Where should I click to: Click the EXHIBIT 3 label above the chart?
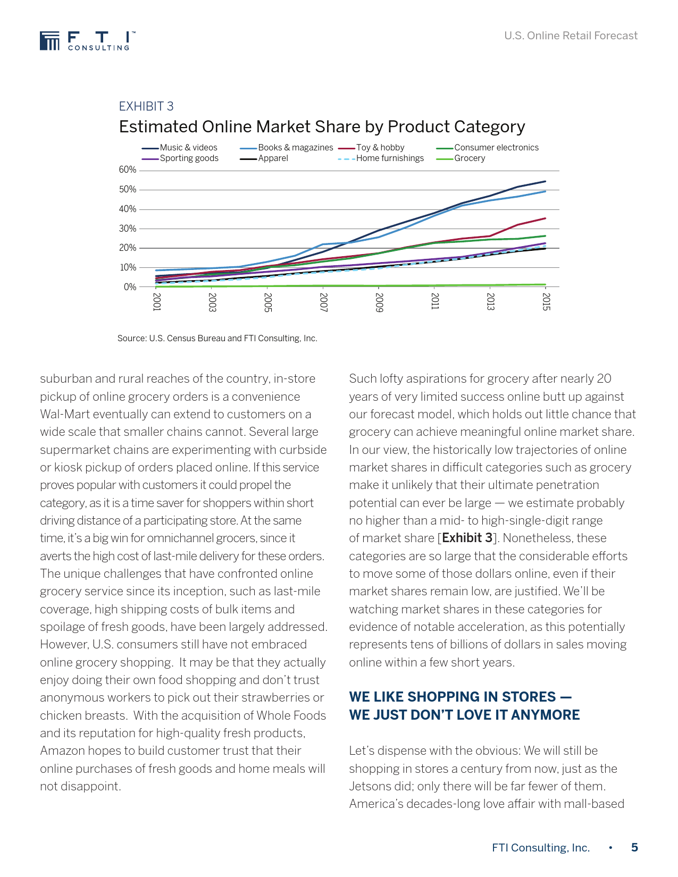pos(146,106)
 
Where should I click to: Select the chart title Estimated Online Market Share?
pos(322,127)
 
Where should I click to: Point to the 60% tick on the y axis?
pos(128,170)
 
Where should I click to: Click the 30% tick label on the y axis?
pos(128,229)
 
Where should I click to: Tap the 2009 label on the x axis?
pos(379,302)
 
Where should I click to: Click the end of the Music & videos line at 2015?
pos(545,181)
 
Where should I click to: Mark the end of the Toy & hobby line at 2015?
pos(545,218)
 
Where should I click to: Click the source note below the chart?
pos(217,339)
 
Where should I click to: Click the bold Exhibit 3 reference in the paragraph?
pos(467,538)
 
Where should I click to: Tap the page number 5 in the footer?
pos(634,848)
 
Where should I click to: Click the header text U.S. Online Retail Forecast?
pos(571,36)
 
